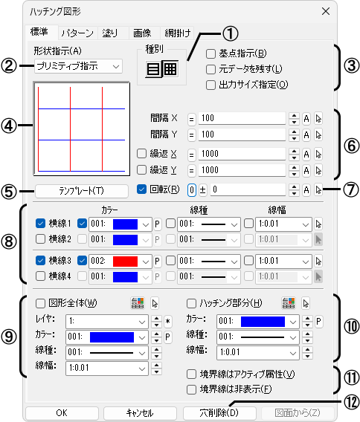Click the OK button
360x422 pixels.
click(x=62, y=413)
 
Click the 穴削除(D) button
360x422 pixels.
click(x=219, y=413)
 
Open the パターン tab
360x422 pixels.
click(x=77, y=33)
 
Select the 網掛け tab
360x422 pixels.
click(x=177, y=33)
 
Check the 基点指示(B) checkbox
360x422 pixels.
click(x=210, y=53)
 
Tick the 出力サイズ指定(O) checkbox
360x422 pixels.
click(x=210, y=85)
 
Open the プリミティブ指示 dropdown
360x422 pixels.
click(x=78, y=66)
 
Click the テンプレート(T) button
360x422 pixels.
click(x=81, y=191)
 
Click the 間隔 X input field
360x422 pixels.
click(x=242, y=118)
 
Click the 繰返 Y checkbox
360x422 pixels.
click(x=141, y=170)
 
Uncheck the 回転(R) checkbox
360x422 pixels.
click(x=141, y=189)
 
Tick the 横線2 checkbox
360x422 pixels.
click(x=40, y=238)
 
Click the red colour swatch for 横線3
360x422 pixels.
click(x=125, y=262)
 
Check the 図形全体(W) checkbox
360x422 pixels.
click(x=40, y=304)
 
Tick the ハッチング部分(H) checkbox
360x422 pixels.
click(x=191, y=304)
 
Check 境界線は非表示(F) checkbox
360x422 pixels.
click(x=191, y=389)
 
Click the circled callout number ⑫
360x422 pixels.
click(x=351, y=403)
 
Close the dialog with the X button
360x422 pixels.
click(x=326, y=11)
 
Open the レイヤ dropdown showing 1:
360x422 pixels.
click(x=106, y=322)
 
